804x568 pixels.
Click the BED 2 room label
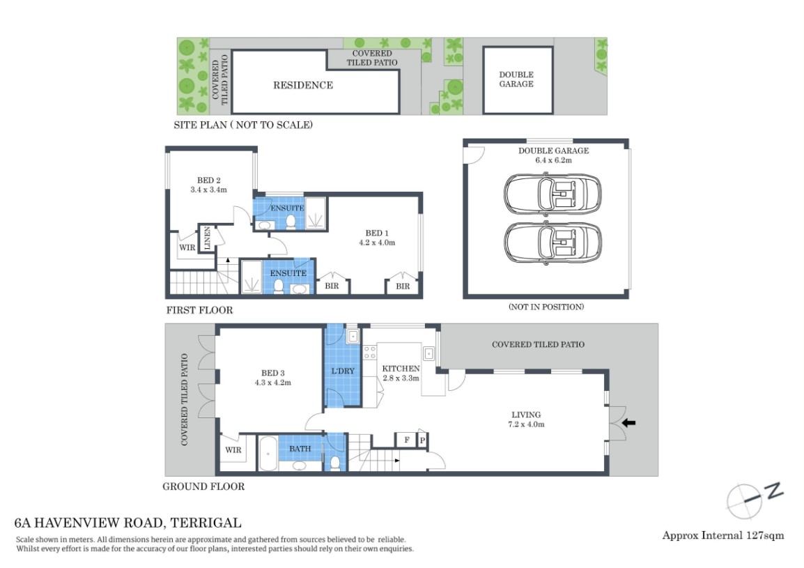[x=209, y=180]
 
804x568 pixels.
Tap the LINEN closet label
[x=208, y=238]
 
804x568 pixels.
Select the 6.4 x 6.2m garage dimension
[x=553, y=160]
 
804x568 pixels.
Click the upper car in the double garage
[x=552, y=194]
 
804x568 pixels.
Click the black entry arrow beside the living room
[x=628, y=423]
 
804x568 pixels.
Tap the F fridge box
[x=407, y=440]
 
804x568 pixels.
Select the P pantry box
[x=422, y=440]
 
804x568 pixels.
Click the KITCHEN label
[x=401, y=369]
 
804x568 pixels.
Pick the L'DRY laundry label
[x=343, y=371]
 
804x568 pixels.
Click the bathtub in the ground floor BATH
[x=268, y=453]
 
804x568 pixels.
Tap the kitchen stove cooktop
[x=369, y=352]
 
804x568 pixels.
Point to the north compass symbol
[x=754, y=500]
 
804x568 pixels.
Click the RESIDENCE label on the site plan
[x=303, y=85]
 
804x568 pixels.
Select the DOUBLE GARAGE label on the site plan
[x=516, y=79]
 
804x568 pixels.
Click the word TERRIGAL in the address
[x=205, y=523]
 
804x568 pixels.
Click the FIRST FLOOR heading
[x=199, y=310]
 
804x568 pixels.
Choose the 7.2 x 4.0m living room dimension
[x=526, y=424]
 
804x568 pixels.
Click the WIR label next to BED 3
[x=233, y=450]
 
